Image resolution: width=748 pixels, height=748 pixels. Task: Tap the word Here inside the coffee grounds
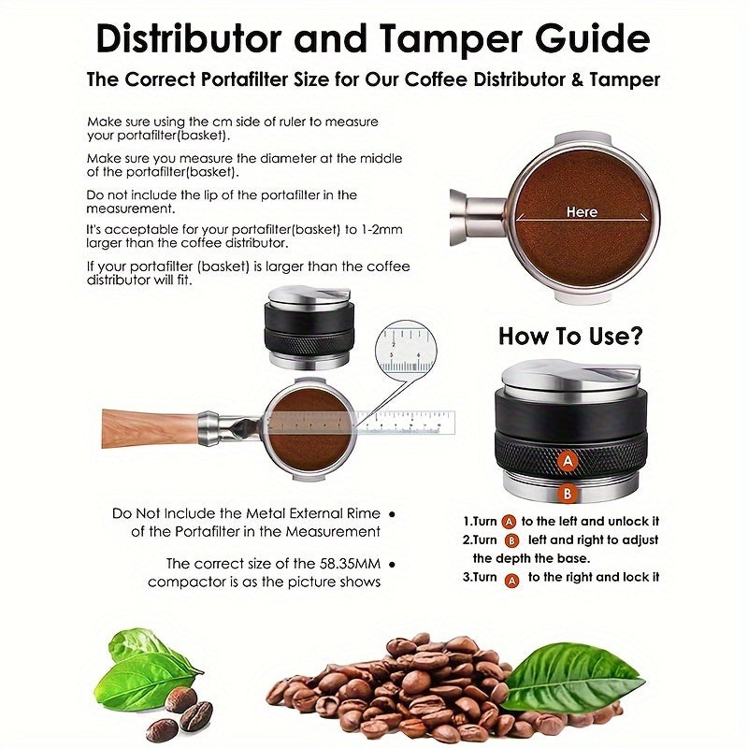tap(582, 212)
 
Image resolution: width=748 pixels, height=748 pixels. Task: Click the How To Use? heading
tap(570, 336)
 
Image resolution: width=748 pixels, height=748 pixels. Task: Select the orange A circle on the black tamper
tap(566, 460)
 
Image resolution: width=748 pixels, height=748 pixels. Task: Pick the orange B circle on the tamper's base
tap(566, 495)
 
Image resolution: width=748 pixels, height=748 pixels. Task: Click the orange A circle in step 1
tap(510, 522)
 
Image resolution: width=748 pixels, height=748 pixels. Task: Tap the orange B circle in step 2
tap(511, 540)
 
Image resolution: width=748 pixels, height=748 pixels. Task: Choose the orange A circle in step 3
tap(511, 578)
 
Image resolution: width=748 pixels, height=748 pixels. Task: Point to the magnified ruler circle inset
tap(405, 352)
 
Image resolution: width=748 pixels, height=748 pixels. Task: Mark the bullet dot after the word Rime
tap(391, 513)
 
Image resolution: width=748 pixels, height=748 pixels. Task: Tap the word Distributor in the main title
tap(190, 39)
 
